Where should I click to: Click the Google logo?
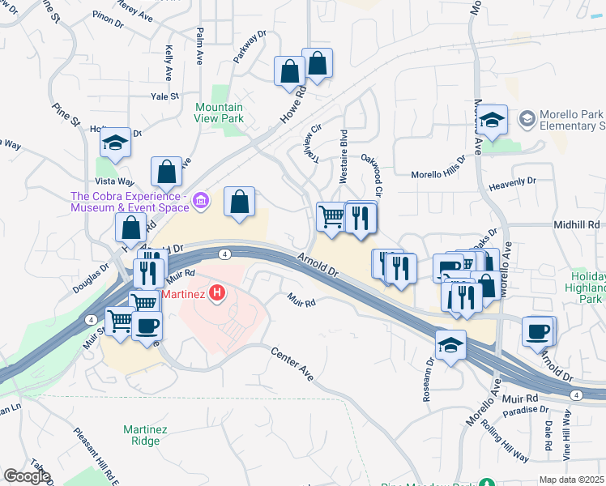(27, 476)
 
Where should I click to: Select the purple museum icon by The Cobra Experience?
(202, 199)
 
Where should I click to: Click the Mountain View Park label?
(219, 113)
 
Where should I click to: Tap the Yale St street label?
(164, 96)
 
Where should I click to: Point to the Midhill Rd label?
(577, 224)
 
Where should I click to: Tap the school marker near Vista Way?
(115, 143)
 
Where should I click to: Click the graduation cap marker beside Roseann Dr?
(450, 344)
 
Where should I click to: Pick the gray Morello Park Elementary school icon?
(527, 120)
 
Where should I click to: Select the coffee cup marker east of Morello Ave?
(538, 331)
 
